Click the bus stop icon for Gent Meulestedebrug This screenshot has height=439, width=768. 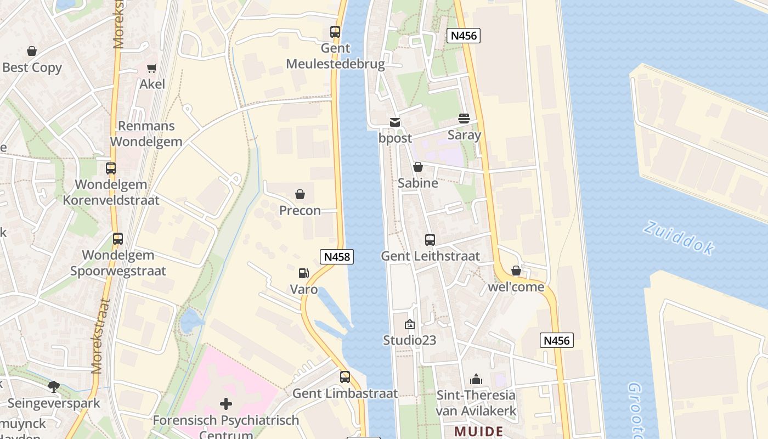click(x=335, y=32)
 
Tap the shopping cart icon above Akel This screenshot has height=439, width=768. click(x=151, y=68)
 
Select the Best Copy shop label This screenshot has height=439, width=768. click(x=32, y=67)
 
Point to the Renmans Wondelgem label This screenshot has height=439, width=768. click(x=146, y=133)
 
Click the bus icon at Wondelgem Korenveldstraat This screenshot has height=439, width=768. click(x=111, y=168)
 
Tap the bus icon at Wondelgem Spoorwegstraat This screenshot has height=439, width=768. click(x=118, y=239)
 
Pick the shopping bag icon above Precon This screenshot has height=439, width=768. click(x=300, y=194)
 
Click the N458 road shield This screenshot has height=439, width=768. click(x=336, y=256)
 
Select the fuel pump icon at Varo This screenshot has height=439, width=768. click(x=303, y=273)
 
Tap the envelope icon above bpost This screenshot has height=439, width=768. click(x=394, y=122)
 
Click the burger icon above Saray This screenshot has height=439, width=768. click(x=464, y=119)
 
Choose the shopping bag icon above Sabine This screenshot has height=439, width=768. click(x=418, y=167)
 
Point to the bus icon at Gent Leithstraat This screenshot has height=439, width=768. click(x=430, y=240)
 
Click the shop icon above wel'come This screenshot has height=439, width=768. click(x=516, y=271)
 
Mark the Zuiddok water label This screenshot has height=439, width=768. click(x=679, y=238)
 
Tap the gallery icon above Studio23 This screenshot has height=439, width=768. click(x=409, y=324)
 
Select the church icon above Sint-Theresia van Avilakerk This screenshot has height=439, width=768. click(x=476, y=379)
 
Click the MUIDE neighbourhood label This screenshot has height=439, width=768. click(x=479, y=431)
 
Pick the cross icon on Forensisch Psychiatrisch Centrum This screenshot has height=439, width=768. click(x=226, y=404)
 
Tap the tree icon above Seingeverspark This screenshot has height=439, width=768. click(x=54, y=387)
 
